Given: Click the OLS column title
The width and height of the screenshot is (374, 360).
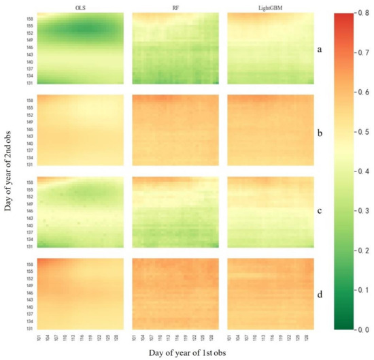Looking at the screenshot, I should pos(80,7).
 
